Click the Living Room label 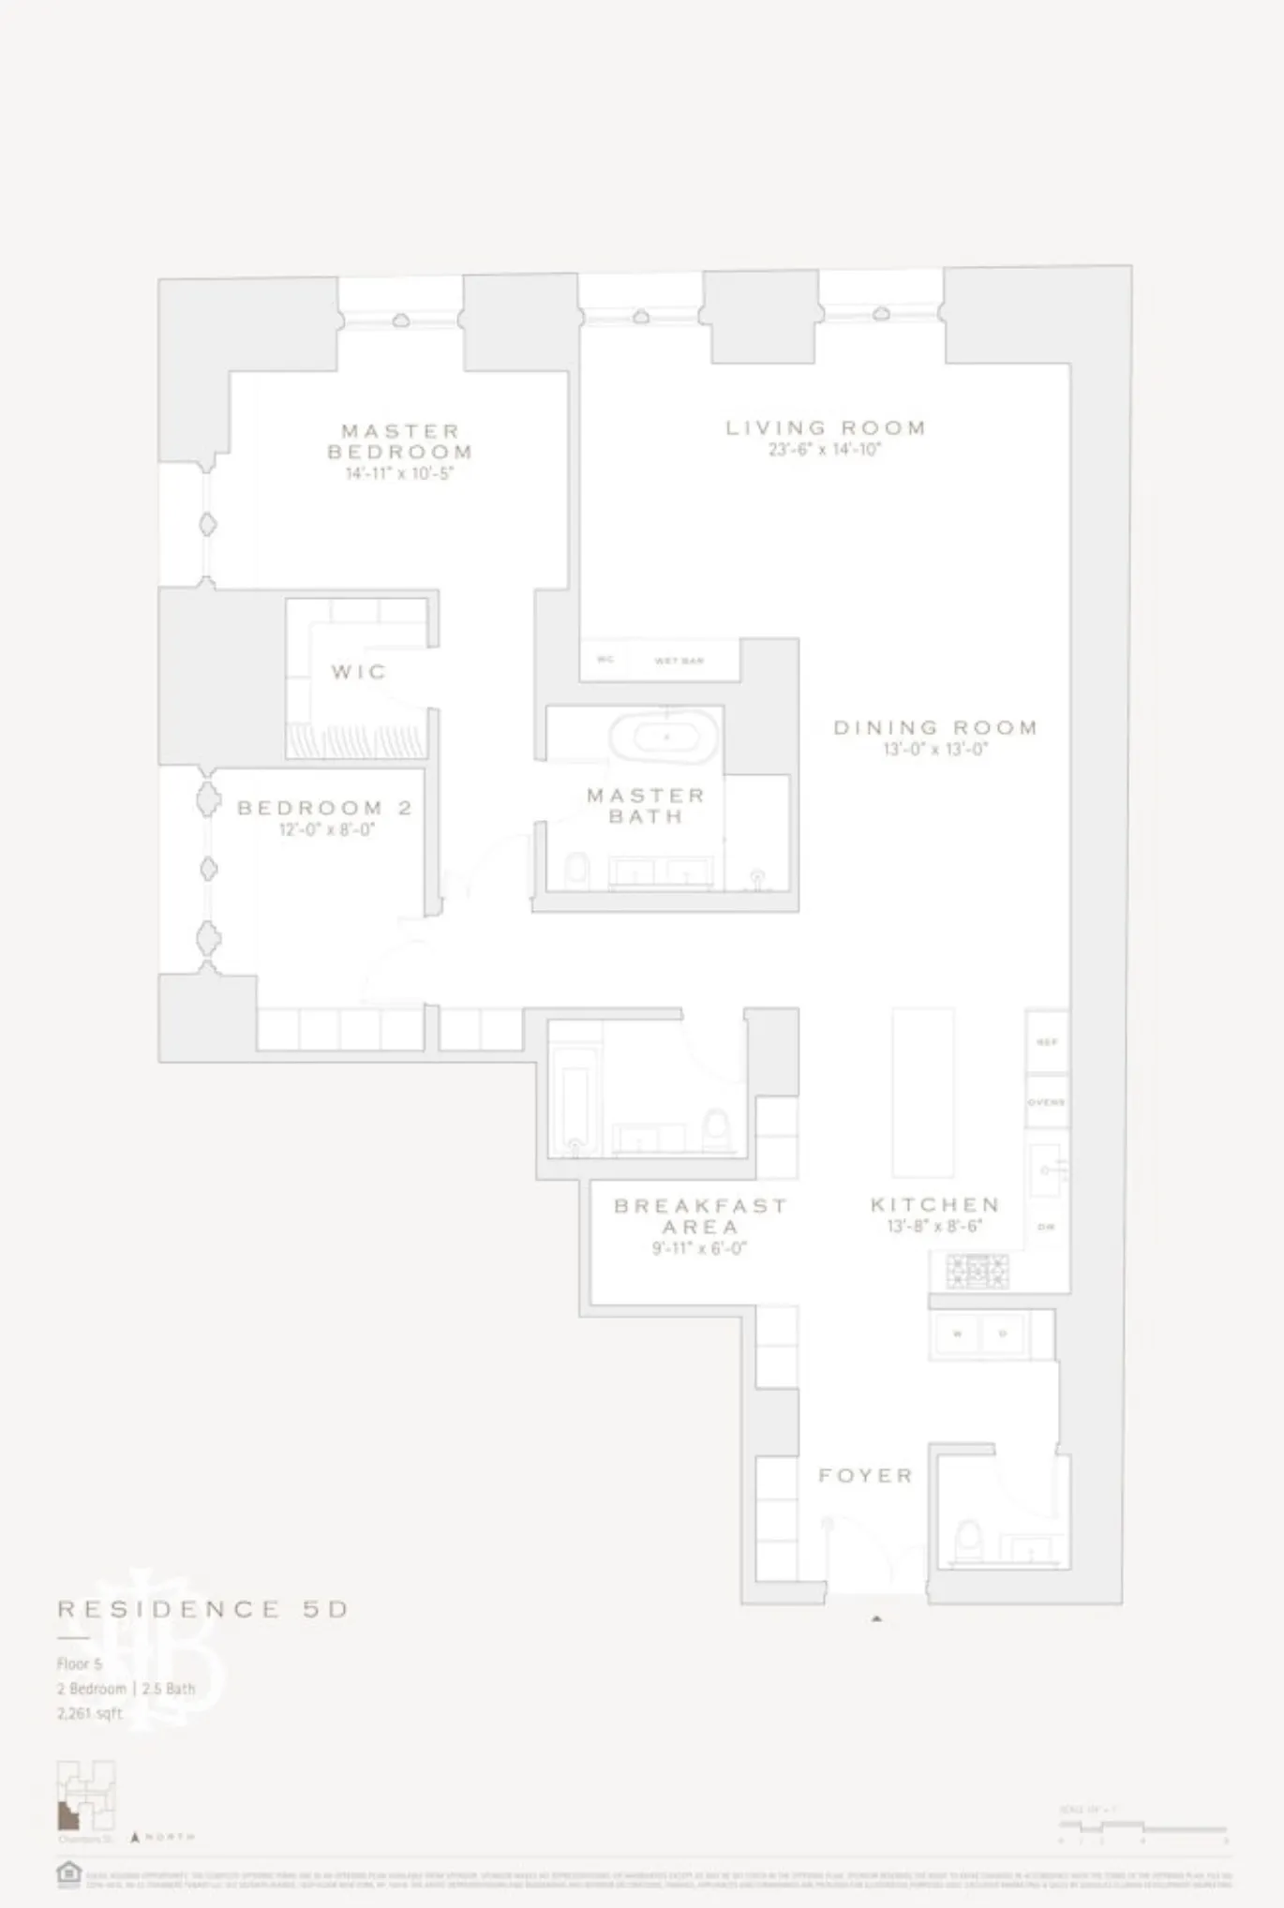point(826,428)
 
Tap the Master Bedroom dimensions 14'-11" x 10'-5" point(399,474)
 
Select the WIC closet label point(358,672)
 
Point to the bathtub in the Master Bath point(664,738)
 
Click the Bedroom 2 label point(324,808)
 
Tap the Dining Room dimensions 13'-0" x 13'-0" point(935,750)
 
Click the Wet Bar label point(679,661)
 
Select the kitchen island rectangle point(923,1092)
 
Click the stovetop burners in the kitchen point(977,1272)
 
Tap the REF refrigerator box point(1047,1041)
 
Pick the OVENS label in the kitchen point(1046,1102)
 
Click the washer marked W point(957,1334)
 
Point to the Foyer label point(865,1476)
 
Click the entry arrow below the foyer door point(876,1618)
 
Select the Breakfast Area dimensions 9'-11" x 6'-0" point(699,1248)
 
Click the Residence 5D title point(202,1609)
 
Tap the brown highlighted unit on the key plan point(67,1815)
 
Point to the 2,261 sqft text point(90,1713)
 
